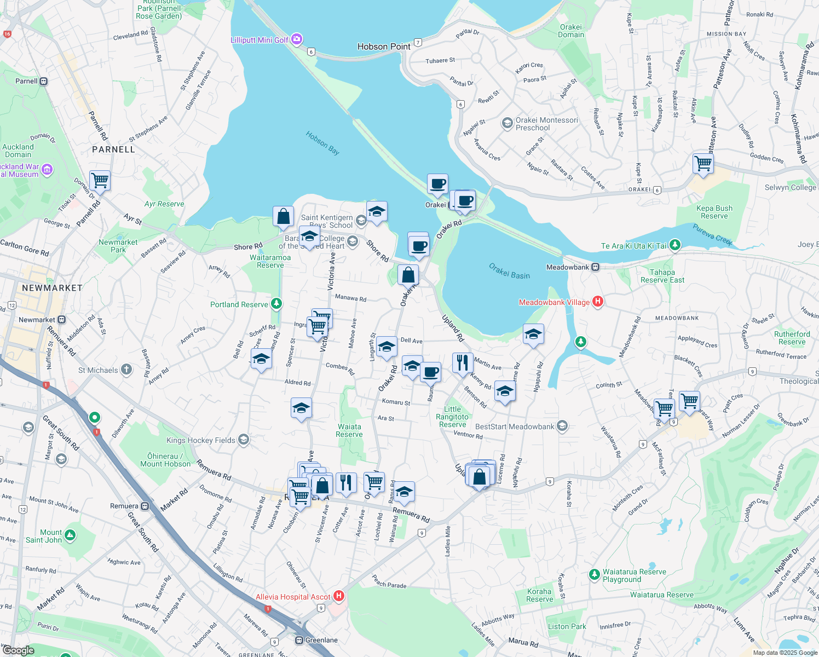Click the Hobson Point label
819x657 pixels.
tap(384, 47)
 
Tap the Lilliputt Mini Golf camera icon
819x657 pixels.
tap(297, 39)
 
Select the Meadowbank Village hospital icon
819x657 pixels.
tap(598, 302)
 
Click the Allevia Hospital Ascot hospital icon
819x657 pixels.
tap(339, 596)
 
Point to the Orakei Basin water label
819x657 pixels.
tap(509, 272)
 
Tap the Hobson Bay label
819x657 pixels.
tap(322, 143)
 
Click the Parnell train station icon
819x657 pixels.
tap(44, 81)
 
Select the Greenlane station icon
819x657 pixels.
tap(299, 640)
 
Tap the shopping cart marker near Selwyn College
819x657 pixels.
tap(703, 163)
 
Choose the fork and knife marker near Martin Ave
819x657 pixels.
tap(463, 362)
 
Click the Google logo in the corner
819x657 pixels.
tap(18, 650)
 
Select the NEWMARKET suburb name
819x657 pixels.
tap(52, 288)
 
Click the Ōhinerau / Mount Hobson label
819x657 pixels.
tap(165, 460)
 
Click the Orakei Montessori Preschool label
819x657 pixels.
tap(546, 124)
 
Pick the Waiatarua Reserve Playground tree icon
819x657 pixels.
tap(594, 574)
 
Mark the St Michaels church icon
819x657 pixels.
tap(126, 370)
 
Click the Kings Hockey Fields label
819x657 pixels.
tap(201, 440)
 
